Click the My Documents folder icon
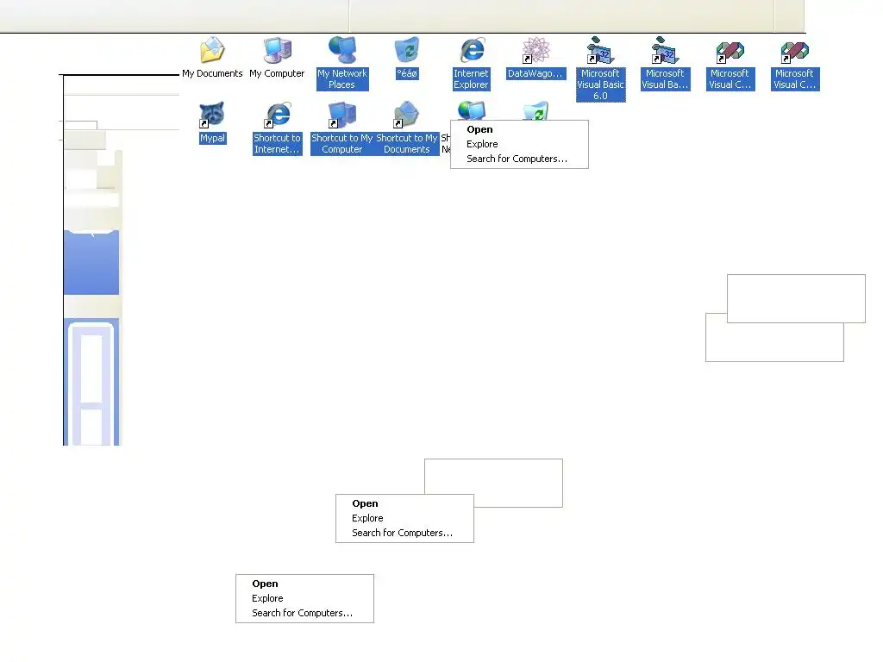coord(212,51)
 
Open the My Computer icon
coord(277,51)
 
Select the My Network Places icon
coord(342,51)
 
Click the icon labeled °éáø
coord(406,51)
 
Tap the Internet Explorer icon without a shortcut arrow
coord(472,51)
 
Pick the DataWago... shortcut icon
coord(535,51)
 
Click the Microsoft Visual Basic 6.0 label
coord(600,84)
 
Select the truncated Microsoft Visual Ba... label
coord(665,79)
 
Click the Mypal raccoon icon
coord(212,115)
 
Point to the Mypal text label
coord(212,138)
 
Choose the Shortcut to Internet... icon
coord(277,115)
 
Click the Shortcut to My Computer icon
coord(342,115)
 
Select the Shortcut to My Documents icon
coord(406,115)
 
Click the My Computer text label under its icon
coord(277,74)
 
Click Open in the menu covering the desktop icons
coord(479,129)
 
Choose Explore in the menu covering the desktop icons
coord(482,144)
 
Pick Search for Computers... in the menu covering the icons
coord(517,159)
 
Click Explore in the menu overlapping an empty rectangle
coord(367,518)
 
